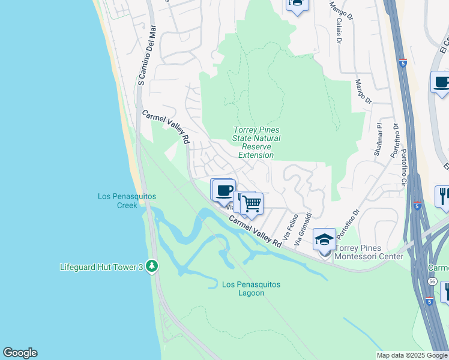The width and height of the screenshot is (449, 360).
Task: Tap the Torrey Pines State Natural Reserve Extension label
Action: click(x=256, y=143)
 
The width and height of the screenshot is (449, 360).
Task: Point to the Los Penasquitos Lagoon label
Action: click(x=251, y=289)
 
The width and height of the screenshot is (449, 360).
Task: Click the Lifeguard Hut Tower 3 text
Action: click(x=101, y=267)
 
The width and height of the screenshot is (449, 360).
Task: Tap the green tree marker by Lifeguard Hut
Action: click(x=152, y=266)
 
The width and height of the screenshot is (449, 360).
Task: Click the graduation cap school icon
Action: click(x=325, y=239)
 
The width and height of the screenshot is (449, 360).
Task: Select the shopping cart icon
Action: click(x=252, y=204)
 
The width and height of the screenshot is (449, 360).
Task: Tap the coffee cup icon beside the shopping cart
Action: click(x=224, y=191)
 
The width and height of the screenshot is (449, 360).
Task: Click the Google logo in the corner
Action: click(x=20, y=353)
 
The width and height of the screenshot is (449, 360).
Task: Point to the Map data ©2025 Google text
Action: click(x=411, y=355)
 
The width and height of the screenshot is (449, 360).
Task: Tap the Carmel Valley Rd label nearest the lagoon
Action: click(x=255, y=233)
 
